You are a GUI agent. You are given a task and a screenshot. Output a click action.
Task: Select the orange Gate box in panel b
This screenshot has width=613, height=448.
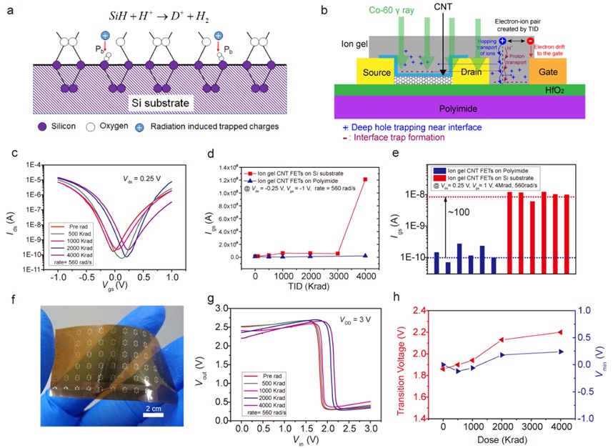tap(547, 72)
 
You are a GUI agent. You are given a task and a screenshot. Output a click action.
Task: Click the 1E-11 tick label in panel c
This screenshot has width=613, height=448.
tap(30, 270)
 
